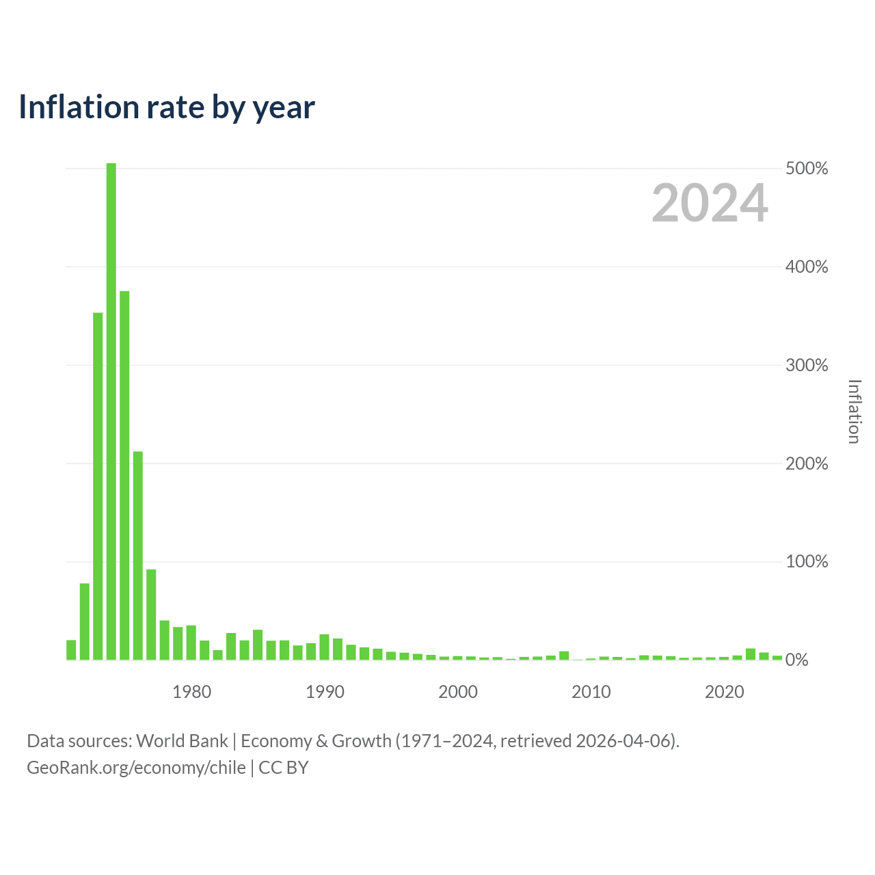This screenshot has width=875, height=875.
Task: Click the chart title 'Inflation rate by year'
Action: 167,107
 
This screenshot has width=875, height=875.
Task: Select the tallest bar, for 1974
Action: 111,411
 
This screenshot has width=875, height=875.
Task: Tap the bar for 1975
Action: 124,475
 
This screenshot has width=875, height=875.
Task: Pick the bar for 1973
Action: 98,486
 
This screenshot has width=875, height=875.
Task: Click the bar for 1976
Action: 137,555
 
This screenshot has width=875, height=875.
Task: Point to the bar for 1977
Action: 151,615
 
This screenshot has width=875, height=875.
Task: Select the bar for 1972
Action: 85,621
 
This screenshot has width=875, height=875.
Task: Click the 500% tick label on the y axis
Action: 807,168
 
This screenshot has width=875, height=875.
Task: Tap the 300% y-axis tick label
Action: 807,365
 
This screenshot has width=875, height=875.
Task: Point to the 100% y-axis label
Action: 807,562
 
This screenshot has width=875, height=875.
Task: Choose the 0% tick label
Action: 796,660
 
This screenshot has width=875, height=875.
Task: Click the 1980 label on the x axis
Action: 191,692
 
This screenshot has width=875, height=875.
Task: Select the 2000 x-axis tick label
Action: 458,692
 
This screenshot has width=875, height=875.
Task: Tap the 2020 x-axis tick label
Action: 724,692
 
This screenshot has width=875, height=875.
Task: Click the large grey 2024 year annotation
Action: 710,202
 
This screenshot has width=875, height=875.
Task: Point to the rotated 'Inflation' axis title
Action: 854,412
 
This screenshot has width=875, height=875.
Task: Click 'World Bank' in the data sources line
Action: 182,740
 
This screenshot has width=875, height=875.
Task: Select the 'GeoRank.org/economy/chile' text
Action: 136,768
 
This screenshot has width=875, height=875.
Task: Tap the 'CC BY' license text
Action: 283,768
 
